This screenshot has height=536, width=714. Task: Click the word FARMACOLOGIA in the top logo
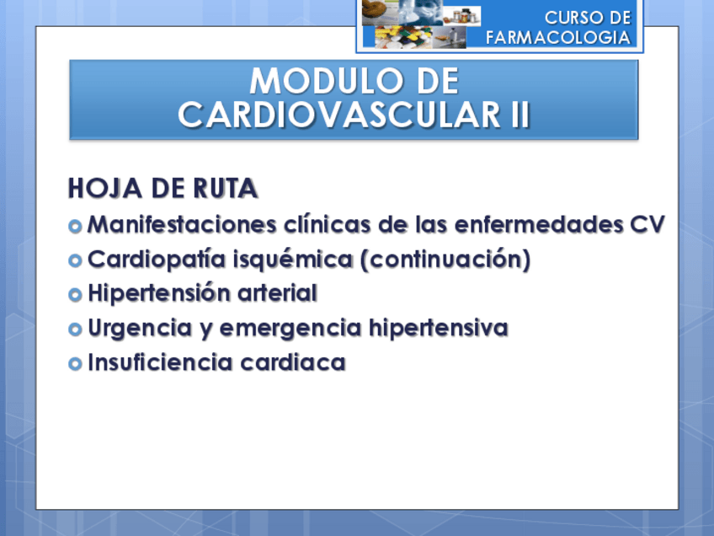tap(557, 37)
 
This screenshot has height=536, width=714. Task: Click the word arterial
tap(276, 294)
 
